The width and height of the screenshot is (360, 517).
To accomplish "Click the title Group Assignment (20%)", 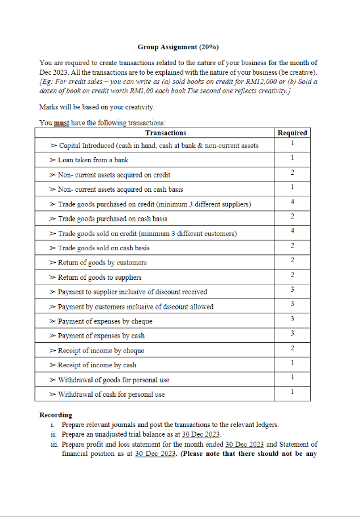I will pos(178,47).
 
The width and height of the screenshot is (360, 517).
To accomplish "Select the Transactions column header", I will pos(165,133).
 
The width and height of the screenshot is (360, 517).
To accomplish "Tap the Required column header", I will pos(292,133).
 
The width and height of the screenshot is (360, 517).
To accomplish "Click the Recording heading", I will pos(56,415).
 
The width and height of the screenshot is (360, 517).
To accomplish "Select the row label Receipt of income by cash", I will pos(97,365).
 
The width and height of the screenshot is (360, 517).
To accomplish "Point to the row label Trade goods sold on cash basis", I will pos(104,248).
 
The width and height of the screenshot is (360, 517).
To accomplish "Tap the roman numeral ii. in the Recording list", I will pos(54,435).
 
